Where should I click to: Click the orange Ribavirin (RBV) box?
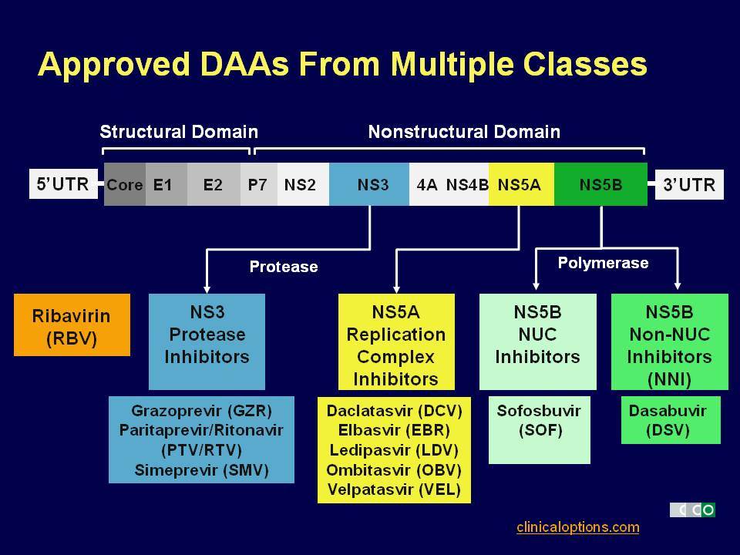click(x=72, y=325)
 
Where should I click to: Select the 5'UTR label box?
click(x=63, y=184)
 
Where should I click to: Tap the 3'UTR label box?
click(x=689, y=184)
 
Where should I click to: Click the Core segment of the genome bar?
click(x=125, y=184)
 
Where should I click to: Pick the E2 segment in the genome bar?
click(x=214, y=184)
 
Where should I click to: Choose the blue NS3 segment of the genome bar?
click(x=369, y=184)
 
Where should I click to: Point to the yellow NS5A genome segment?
click(x=522, y=184)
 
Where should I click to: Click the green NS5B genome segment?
click(x=600, y=184)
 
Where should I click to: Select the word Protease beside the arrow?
click(x=284, y=267)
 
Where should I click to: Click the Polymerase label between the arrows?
click(x=603, y=263)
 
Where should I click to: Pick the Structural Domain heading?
click(x=179, y=132)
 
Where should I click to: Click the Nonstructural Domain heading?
click(x=464, y=132)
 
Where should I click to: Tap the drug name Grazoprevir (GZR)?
click(x=201, y=411)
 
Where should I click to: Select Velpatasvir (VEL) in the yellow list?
click(x=394, y=489)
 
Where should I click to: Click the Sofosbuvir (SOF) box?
click(x=540, y=430)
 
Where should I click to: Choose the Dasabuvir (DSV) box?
click(x=671, y=420)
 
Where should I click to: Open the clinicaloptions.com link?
click(x=578, y=527)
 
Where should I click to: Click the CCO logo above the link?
click(x=692, y=510)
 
